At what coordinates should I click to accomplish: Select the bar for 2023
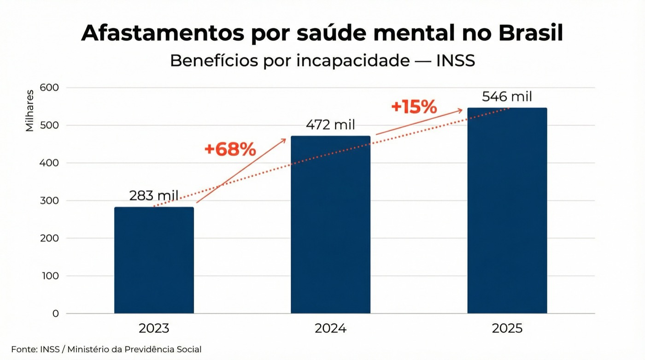[x=154, y=260]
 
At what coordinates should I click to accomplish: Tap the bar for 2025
[x=507, y=211]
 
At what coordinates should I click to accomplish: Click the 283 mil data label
[x=153, y=195]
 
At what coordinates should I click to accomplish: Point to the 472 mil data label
[x=330, y=124]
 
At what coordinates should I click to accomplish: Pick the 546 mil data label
[x=507, y=97]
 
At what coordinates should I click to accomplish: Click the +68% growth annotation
[x=230, y=149]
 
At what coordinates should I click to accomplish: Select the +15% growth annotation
[x=414, y=107]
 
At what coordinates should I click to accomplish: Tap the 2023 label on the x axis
[x=154, y=329]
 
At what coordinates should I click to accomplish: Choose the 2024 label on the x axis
[x=330, y=329]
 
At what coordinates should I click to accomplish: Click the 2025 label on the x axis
[x=507, y=329]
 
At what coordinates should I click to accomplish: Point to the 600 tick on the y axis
[x=49, y=88]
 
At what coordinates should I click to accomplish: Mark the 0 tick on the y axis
[x=56, y=313]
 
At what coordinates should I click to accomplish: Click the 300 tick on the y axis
[x=49, y=201]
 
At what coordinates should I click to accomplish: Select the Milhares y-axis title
[x=30, y=111]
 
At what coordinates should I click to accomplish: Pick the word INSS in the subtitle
[x=455, y=60]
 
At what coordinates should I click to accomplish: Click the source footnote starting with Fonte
[x=106, y=349]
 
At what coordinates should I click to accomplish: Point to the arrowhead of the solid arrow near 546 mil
[x=460, y=111]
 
